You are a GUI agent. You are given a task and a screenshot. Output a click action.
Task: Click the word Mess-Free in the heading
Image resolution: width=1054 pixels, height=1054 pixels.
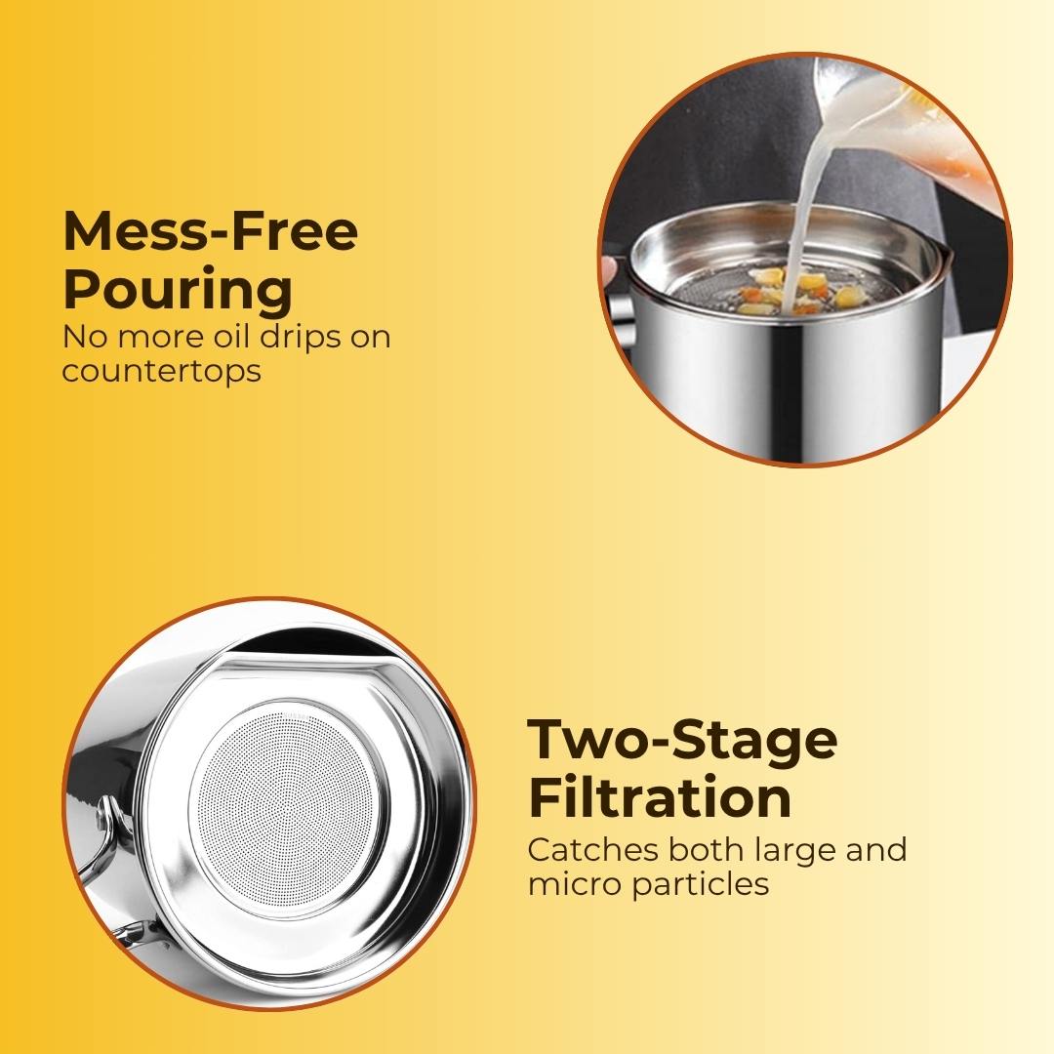pos(210,230)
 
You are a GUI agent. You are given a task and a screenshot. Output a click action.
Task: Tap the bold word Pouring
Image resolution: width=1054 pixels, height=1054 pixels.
pos(179,290)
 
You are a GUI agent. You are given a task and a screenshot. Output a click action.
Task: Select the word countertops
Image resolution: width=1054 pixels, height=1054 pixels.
pos(161,371)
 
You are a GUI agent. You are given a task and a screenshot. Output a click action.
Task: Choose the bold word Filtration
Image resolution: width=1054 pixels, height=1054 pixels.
pos(660,797)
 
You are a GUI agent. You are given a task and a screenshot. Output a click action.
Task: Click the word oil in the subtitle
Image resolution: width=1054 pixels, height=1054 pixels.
pos(232,336)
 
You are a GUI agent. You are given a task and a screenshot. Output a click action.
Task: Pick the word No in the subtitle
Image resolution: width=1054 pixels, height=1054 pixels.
pos(86,337)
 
